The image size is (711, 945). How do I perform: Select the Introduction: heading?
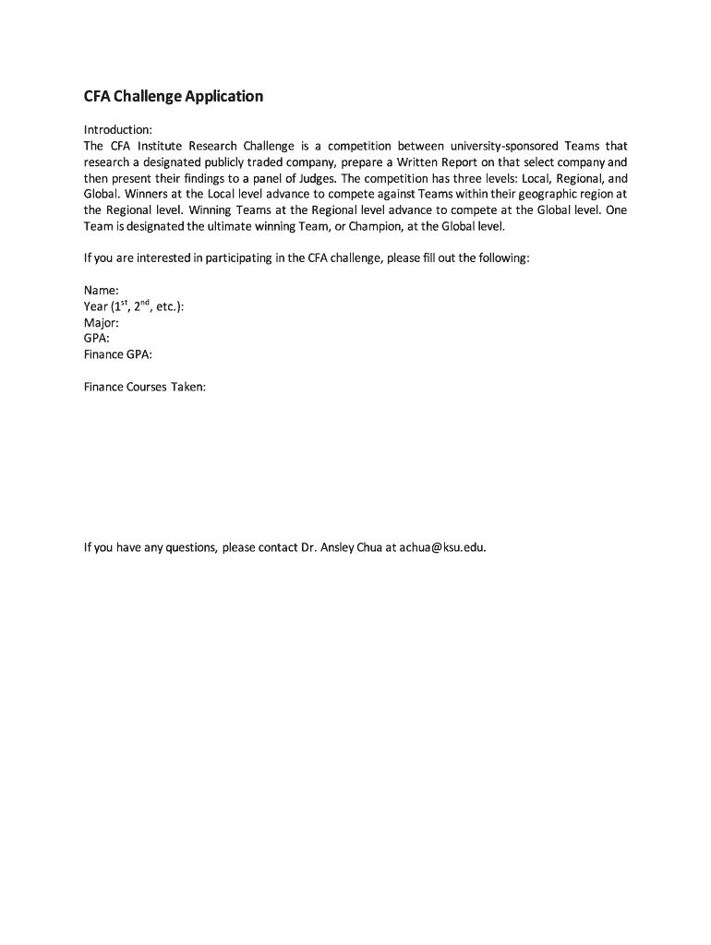[117, 130]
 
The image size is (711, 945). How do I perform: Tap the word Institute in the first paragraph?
[162, 146]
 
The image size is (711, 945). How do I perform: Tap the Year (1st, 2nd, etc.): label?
[133, 306]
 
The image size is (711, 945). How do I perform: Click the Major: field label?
[102, 323]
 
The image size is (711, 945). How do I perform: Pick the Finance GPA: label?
[117, 354]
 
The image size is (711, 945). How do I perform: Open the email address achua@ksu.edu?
[442, 547]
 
